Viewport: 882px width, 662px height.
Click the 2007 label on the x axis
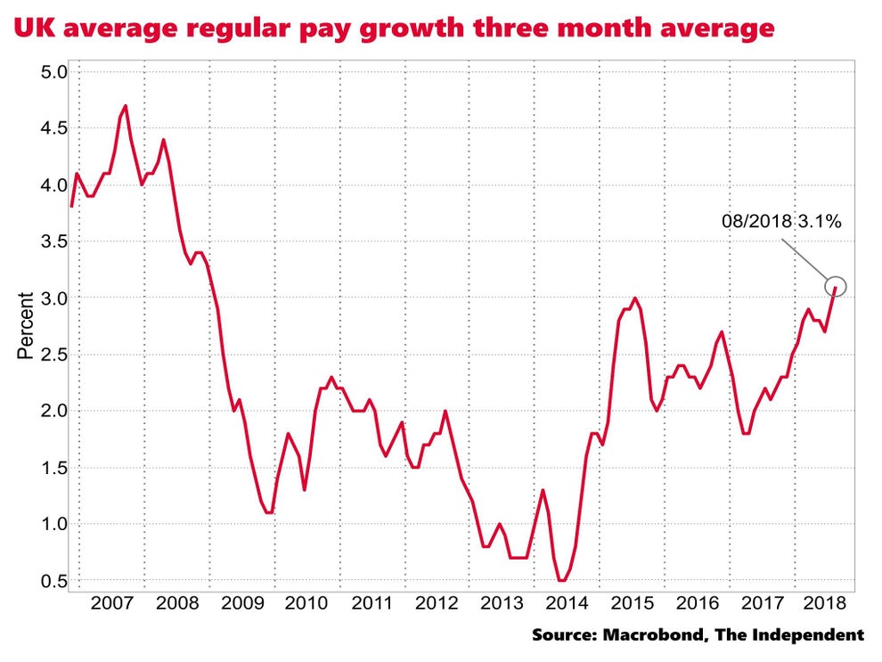pyautogui.click(x=112, y=603)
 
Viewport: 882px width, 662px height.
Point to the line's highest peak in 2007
pyautogui.click(x=125, y=106)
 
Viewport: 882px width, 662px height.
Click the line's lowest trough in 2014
pyautogui.click(x=561, y=580)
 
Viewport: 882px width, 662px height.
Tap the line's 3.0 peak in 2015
pyautogui.click(x=634, y=298)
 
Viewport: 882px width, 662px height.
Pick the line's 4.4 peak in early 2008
pyautogui.click(x=163, y=140)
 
